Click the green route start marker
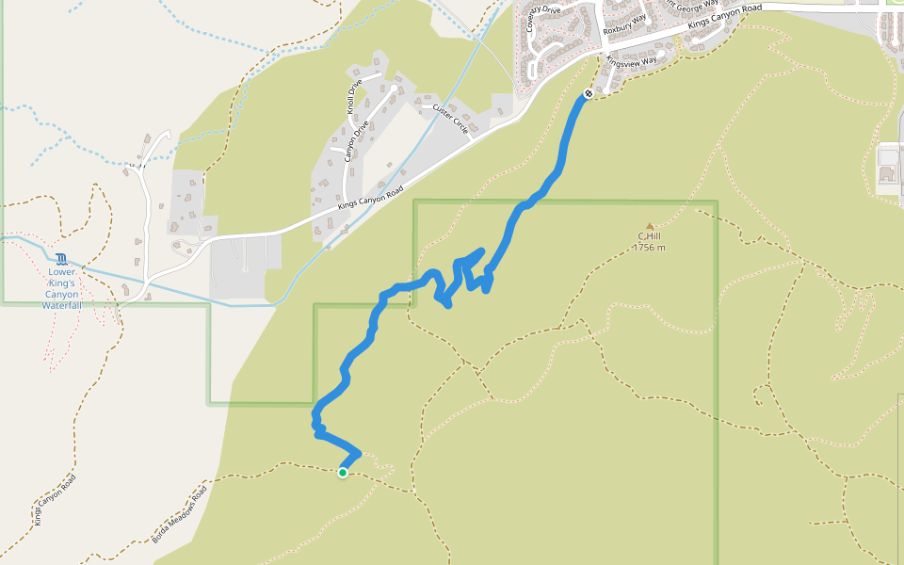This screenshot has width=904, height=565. [343, 473]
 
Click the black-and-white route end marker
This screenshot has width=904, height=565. [589, 93]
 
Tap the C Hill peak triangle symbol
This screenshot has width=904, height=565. [649, 226]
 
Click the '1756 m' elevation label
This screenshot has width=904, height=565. [649, 248]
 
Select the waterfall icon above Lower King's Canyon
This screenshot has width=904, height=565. [61, 259]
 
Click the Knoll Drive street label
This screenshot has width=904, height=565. [355, 93]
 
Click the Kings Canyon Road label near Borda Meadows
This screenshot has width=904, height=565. [56, 500]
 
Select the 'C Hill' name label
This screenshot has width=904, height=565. [647, 235]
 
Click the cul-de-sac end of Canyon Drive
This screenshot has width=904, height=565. [393, 88]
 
